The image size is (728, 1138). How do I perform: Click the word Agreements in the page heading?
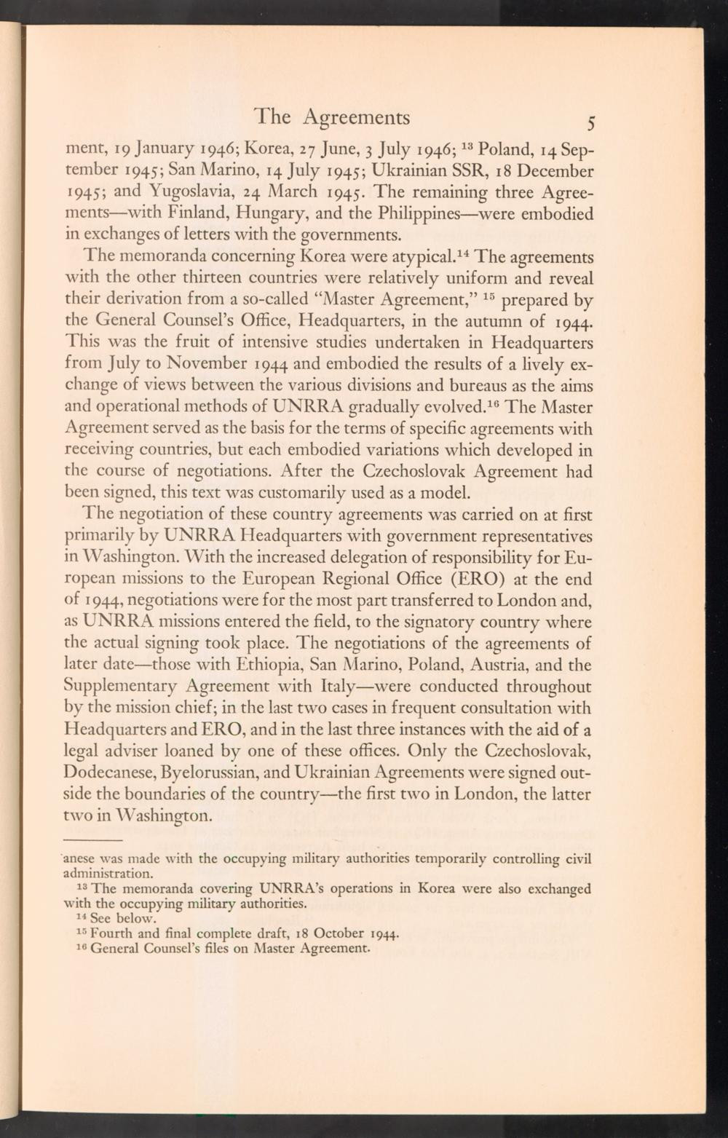[x=356, y=117]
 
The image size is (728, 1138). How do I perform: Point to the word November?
[x=210, y=364]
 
